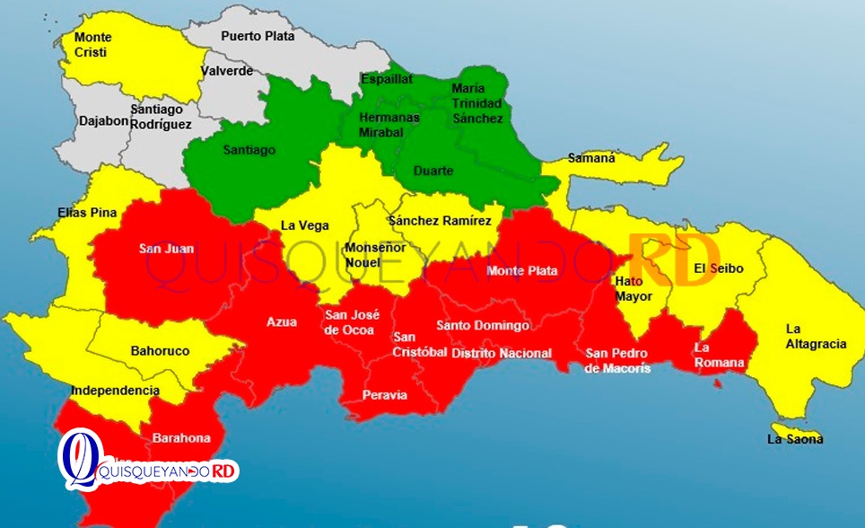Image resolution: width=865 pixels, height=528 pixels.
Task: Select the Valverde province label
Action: [227, 71]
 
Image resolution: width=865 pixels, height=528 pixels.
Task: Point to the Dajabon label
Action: [104, 121]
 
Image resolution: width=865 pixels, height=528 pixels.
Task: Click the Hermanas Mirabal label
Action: [389, 124]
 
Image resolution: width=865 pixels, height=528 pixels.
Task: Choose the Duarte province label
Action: [433, 171]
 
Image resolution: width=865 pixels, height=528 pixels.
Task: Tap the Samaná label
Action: [591, 158]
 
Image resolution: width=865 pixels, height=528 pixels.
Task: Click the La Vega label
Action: [305, 226]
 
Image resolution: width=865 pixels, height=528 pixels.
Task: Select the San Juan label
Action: [166, 249]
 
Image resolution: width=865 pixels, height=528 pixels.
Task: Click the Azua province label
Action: [282, 321]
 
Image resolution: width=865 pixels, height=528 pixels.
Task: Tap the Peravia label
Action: [385, 395]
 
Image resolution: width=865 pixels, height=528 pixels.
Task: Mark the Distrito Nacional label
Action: [502, 353]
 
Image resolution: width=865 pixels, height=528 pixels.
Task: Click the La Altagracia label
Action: [816, 336]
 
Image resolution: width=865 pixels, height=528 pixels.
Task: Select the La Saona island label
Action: [795, 439]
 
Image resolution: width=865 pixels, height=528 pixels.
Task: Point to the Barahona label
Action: [181, 438]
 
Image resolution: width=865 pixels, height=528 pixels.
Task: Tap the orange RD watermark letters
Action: [673, 261]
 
